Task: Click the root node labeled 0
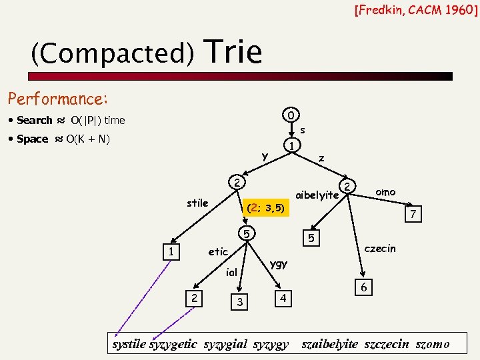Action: pyautogui.click(x=290, y=114)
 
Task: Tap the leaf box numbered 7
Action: pyautogui.click(x=413, y=215)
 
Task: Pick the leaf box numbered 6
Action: pyautogui.click(x=363, y=286)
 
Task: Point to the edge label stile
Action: pyautogui.click(x=197, y=203)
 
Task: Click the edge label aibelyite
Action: pyautogui.click(x=317, y=195)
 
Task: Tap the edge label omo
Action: pyautogui.click(x=385, y=192)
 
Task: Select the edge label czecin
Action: pyautogui.click(x=379, y=249)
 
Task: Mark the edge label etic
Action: pyautogui.click(x=218, y=252)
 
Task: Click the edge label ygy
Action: pyautogui.click(x=279, y=264)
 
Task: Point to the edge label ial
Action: pyautogui.click(x=231, y=272)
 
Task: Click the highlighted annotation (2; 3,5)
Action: pyautogui.click(x=266, y=208)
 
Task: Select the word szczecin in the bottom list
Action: pyautogui.click(x=385, y=344)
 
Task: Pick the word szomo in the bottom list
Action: pyautogui.click(x=432, y=344)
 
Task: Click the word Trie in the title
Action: pyautogui.click(x=235, y=52)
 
